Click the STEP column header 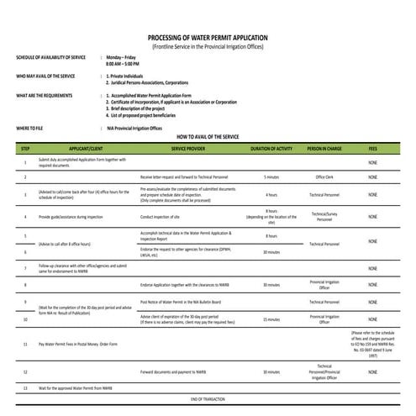(x=25, y=148)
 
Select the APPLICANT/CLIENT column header (x=86, y=148)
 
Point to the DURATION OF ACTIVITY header (x=271, y=148)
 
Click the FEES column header (x=372, y=148)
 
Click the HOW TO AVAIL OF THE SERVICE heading (x=208, y=135)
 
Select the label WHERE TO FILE (x=31, y=127)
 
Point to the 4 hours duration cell (x=271, y=194)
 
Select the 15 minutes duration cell (x=271, y=319)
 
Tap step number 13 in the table (x=25, y=387)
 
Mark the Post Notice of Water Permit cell (x=181, y=301)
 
